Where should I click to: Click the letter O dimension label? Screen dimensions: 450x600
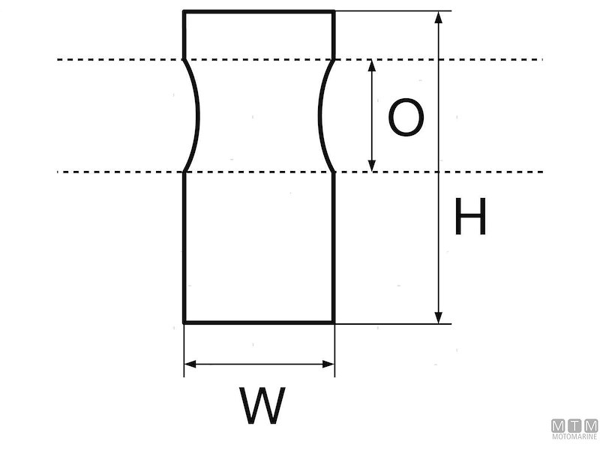point(406,118)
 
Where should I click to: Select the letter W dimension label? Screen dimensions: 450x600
point(263,406)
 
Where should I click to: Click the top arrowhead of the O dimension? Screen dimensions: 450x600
point(371,65)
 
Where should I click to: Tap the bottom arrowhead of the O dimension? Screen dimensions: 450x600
point(371,166)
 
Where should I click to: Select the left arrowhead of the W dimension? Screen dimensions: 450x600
point(190,364)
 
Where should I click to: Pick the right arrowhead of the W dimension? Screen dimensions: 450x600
point(328,364)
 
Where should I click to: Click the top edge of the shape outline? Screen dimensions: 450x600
point(259,11)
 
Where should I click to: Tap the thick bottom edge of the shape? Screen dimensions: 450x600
point(259,322)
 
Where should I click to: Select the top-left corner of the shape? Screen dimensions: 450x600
point(184,12)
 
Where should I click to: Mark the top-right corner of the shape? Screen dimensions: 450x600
point(334,12)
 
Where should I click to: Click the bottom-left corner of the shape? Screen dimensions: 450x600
point(184,322)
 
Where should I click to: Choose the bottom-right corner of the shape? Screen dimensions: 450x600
point(334,322)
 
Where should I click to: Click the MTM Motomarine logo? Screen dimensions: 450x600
point(574,428)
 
